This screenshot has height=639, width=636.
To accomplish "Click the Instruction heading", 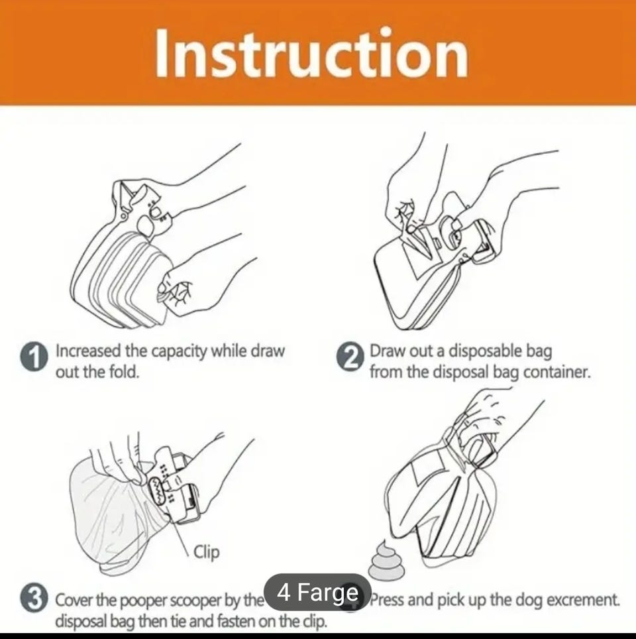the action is (311, 53).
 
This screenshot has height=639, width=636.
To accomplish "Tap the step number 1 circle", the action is (34, 355).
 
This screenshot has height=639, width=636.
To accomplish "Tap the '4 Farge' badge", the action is (317, 592).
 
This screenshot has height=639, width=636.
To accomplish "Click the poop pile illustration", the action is (386, 559).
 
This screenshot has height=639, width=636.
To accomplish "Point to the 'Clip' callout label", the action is (206, 552).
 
